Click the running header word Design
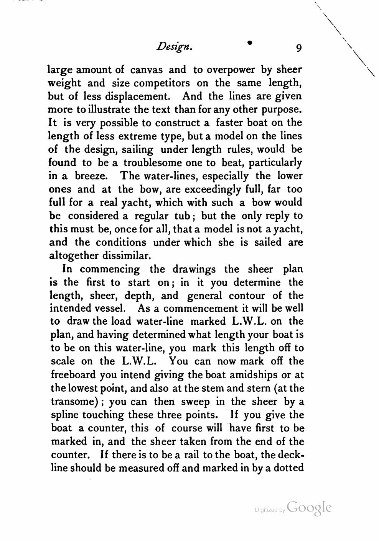point(174,47)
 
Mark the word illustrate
point(109,110)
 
